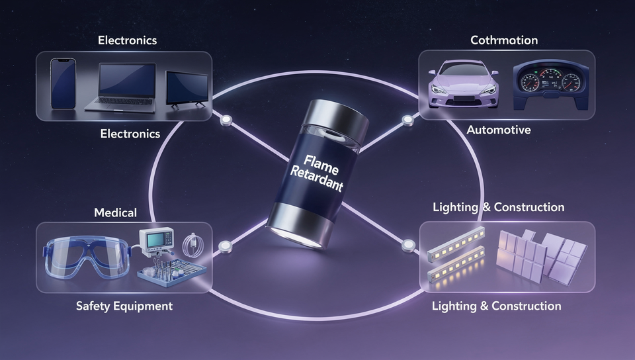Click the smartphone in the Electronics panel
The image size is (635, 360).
63,83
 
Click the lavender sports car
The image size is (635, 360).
463,84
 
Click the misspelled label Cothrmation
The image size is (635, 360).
504,40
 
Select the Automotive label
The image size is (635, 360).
499,130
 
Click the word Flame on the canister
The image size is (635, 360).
321,164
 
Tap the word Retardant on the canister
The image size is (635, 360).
317,179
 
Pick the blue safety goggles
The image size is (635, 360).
87,257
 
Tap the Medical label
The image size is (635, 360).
115,212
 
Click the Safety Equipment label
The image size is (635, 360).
124,306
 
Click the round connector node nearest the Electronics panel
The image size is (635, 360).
226,120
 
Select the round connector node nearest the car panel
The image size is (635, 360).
408,120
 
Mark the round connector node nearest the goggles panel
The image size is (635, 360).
225,246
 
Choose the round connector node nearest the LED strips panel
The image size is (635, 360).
409,245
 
